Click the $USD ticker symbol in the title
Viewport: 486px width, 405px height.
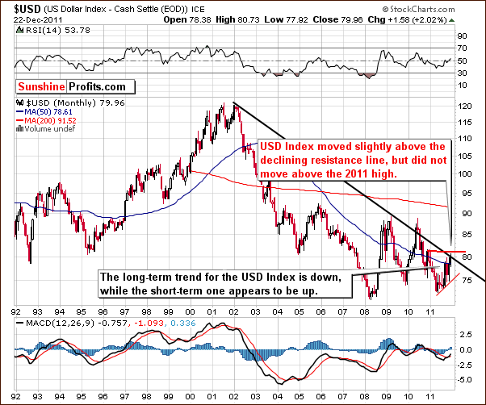click(19, 7)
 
